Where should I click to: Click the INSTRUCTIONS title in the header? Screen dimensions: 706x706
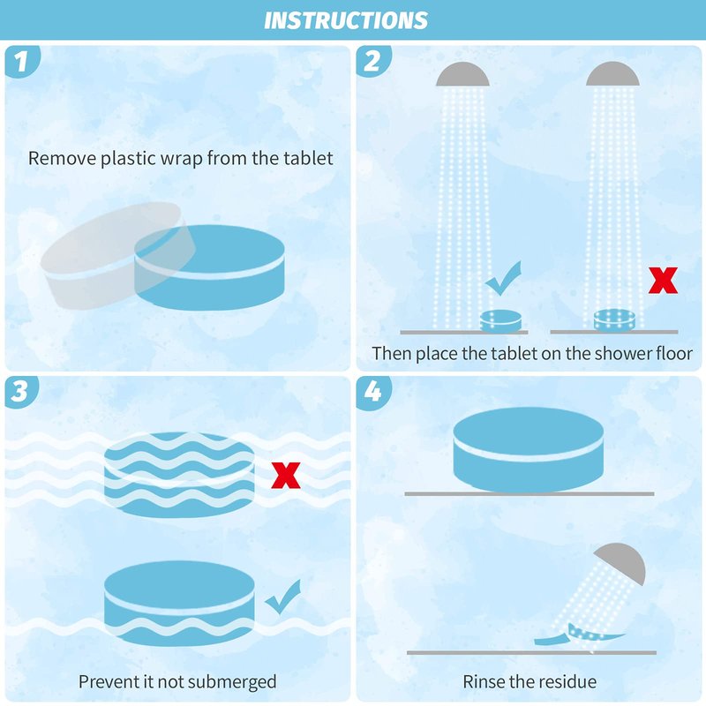(346, 20)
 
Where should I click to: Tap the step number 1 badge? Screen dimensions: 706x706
(21, 61)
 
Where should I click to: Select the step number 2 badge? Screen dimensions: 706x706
(372, 61)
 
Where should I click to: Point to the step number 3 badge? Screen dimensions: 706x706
(20, 391)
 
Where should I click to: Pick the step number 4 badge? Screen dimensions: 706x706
(372, 392)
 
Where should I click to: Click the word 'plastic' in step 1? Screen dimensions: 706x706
(128, 159)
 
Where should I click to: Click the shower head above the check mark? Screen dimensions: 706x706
(462, 75)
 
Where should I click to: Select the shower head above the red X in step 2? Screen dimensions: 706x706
(612, 75)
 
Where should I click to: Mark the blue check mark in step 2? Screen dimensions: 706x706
(503, 279)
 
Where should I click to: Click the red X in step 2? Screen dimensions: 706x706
(663, 280)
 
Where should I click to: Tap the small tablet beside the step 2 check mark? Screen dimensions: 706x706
(500, 321)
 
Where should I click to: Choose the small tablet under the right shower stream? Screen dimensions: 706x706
(614, 320)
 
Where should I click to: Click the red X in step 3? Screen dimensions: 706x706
(286, 475)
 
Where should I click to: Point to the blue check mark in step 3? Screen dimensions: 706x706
(283, 597)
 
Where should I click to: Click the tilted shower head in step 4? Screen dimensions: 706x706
(621, 562)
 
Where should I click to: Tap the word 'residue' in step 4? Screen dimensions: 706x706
(571, 681)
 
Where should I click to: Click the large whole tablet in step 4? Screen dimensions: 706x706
(528, 449)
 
